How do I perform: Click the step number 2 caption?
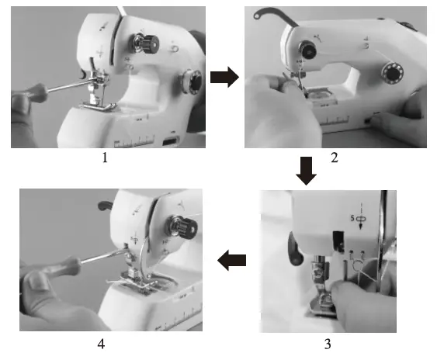click(334, 158)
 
